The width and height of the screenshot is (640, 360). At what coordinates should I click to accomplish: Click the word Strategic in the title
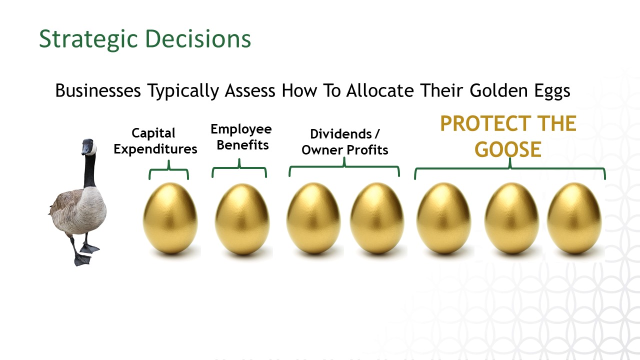coord(88,39)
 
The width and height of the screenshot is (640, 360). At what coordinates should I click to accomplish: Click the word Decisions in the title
coord(198,38)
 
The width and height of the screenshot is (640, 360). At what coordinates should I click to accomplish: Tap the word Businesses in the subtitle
coord(98,90)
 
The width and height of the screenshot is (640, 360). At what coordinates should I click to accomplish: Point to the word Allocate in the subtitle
coord(380,90)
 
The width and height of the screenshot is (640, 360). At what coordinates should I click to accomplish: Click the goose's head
coord(89,147)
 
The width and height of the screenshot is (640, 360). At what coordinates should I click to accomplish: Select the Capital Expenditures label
coord(155,141)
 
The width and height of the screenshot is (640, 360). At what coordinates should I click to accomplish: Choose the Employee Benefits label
coord(241,137)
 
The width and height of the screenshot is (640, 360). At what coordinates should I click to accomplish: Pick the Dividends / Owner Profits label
coord(345,142)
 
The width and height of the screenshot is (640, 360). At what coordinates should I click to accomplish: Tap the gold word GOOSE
coord(508,149)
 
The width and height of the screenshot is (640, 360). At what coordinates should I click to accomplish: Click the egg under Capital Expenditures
coord(170,218)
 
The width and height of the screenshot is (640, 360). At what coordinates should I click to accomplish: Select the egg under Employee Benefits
coord(242,219)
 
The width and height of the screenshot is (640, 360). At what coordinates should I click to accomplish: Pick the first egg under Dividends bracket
coord(313,218)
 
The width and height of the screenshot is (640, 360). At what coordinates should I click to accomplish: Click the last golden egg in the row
coord(574,218)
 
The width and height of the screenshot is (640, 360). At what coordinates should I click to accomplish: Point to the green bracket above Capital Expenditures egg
coord(169,169)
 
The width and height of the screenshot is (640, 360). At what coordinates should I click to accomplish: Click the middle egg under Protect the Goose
coord(511,218)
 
